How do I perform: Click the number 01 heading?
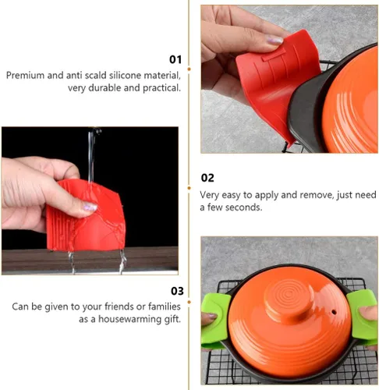click(x=175, y=59)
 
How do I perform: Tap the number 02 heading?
click(x=207, y=178)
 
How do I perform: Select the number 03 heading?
click(x=177, y=291)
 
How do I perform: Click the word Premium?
click(x=25, y=76)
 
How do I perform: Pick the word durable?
click(x=104, y=88)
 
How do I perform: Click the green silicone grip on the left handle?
click(x=215, y=321)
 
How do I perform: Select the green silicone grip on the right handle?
click(x=363, y=317)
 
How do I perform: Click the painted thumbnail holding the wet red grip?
click(x=90, y=207)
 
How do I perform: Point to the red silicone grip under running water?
click(x=86, y=216)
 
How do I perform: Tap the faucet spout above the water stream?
click(x=94, y=130)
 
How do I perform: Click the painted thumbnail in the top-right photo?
click(x=275, y=40)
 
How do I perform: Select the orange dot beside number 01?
click(x=189, y=69)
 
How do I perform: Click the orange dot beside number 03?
click(x=189, y=302)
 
